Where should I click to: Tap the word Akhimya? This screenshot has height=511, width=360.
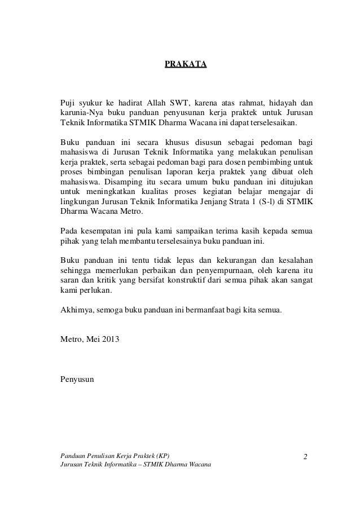tap(77, 311)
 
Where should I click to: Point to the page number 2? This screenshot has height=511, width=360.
tap(305, 456)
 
